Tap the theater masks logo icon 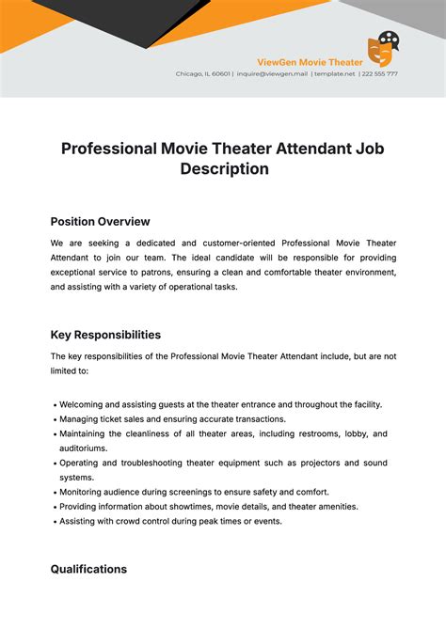(x=380, y=46)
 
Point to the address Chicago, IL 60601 (x=202, y=73)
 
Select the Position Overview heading (x=100, y=222)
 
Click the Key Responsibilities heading (x=105, y=335)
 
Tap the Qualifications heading (x=88, y=569)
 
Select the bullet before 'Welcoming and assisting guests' (x=54, y=404)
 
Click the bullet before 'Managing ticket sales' (x=54, y=419)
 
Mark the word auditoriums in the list (x=83, y=448)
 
